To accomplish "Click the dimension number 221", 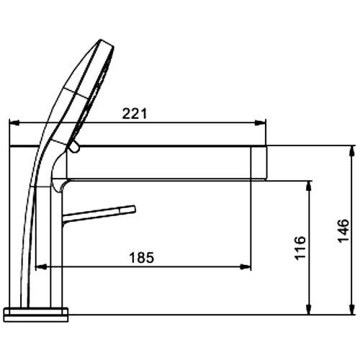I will click(x=135, y=113).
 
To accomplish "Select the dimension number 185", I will click(x=141, y=256).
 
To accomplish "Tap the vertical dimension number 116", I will click(x=300, y=248).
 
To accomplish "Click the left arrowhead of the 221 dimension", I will click(x=12, y=122).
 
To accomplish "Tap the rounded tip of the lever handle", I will click(x=132, y=210).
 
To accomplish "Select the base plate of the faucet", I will click(x=36, y=314).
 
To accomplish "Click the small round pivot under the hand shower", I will click(x=72, y=147).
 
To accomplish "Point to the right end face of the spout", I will click(x=266, y=162).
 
